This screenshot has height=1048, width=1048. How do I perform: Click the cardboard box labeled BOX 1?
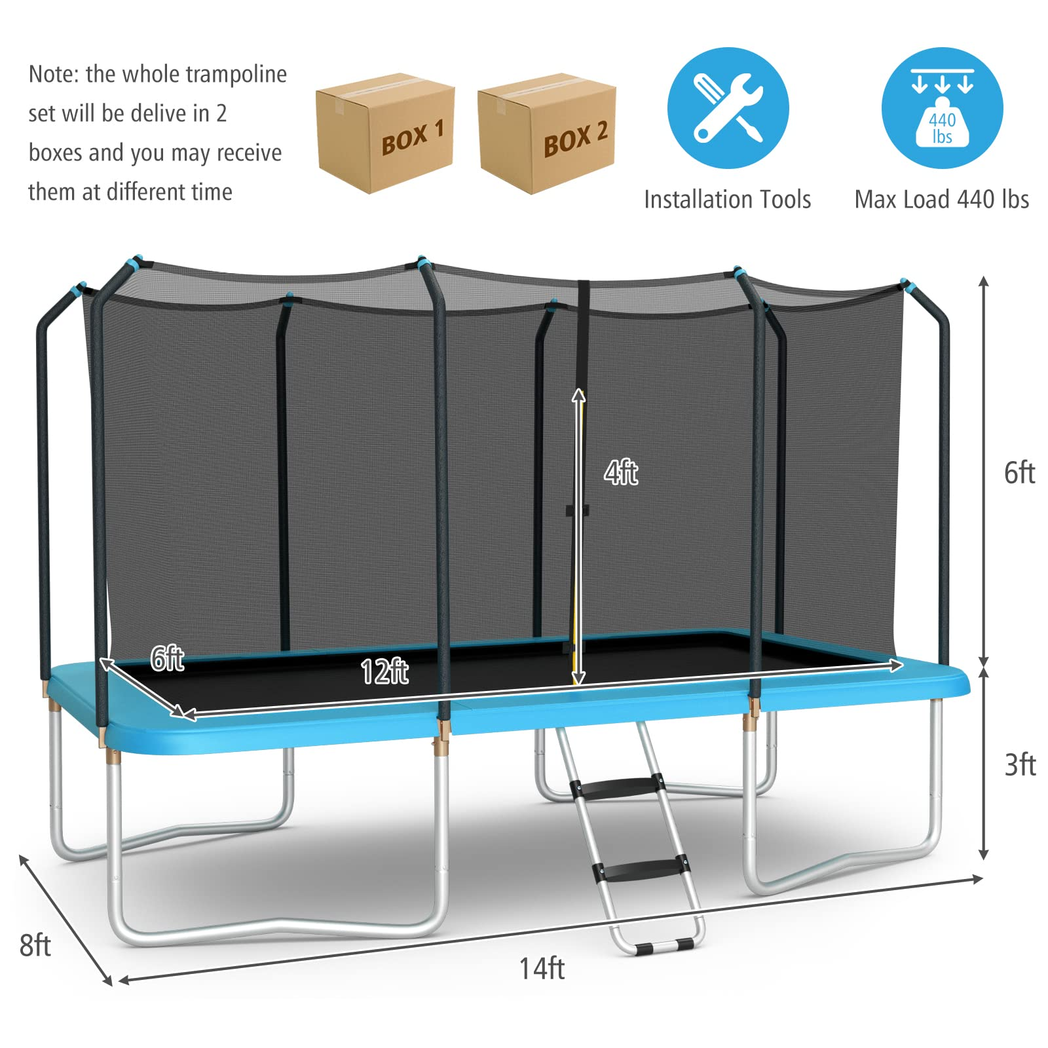(x=385, y=133)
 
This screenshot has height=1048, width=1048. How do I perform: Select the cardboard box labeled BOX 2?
(x=547, y=133)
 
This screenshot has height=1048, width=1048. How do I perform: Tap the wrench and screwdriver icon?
(x=728, y=108)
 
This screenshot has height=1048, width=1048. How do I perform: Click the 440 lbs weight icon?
(x=942, y=108)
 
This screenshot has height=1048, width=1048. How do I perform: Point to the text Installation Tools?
(x=727, y=199)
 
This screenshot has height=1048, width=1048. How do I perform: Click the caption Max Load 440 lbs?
(x=942, y=199)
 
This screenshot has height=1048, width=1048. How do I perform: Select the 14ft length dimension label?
(x=542, y=968)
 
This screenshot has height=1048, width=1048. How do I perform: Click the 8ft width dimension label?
(x=35, y=945)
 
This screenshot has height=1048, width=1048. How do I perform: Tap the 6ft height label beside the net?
(x=1020, y=473)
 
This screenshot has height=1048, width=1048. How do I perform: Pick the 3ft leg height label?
(x=1020, y=765)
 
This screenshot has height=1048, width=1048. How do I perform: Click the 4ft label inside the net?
(x=621, y=472)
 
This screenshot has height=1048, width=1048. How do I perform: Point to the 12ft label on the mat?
(x=384, y=672)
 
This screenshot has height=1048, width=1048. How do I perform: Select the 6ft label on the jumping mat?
(x=167, y=658)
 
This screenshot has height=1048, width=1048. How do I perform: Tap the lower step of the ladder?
(x=641, y=869)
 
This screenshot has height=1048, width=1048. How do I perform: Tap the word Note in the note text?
(x=52, y=74)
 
